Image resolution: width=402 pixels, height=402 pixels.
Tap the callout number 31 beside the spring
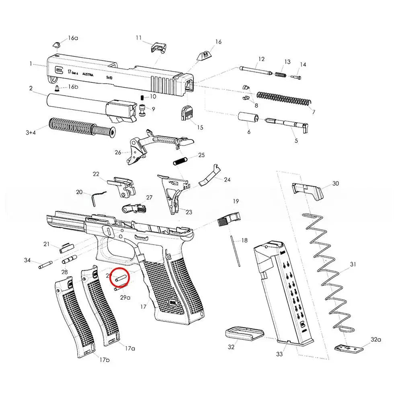coord(353,264)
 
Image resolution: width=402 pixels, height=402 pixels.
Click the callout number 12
coord(261,59)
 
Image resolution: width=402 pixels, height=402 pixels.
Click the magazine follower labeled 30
coord(308,191)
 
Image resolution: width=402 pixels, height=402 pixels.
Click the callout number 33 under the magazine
coord(279,354)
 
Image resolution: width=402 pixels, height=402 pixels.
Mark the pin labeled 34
coord(45,265)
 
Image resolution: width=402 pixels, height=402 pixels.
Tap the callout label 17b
coord(104,359)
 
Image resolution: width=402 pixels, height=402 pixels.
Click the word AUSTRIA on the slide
coord(89,75)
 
